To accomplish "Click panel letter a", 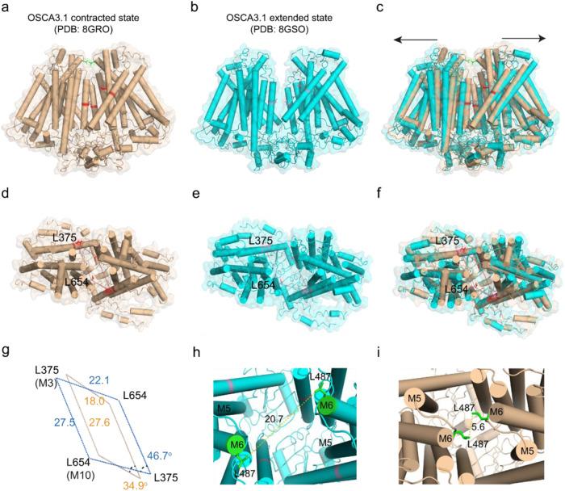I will [x=9, y=8].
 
